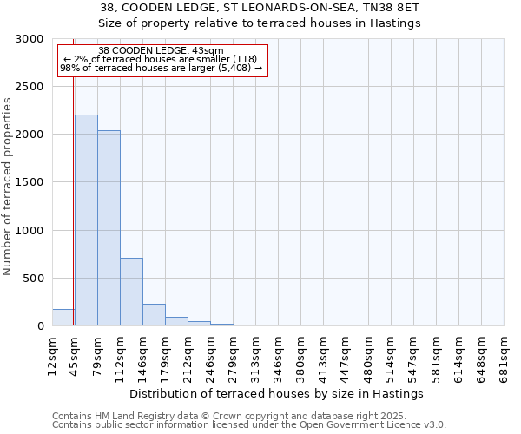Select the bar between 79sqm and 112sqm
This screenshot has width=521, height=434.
tap(109, 228)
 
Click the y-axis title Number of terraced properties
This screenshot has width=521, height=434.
tap(8, 186)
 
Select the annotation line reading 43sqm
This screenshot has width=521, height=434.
tap(161, 50)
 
